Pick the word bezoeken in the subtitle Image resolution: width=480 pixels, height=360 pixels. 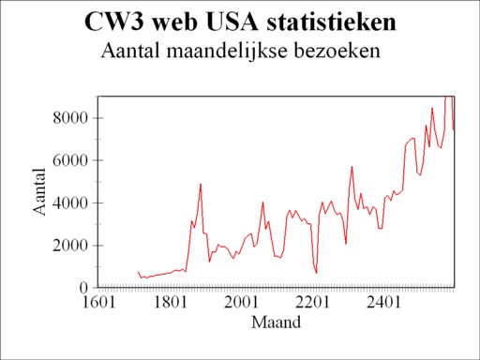point(334,50)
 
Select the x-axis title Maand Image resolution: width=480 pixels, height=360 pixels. point(277,323)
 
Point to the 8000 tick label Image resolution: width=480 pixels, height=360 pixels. point(69,118)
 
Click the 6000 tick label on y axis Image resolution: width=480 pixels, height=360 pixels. point(69,160)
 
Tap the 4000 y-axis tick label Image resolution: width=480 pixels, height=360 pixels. point(69,202)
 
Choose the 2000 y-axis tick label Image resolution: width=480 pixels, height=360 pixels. point(69,245)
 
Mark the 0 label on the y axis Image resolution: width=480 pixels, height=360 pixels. point(83,287)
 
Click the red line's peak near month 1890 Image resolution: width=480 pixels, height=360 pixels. point(201,184)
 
